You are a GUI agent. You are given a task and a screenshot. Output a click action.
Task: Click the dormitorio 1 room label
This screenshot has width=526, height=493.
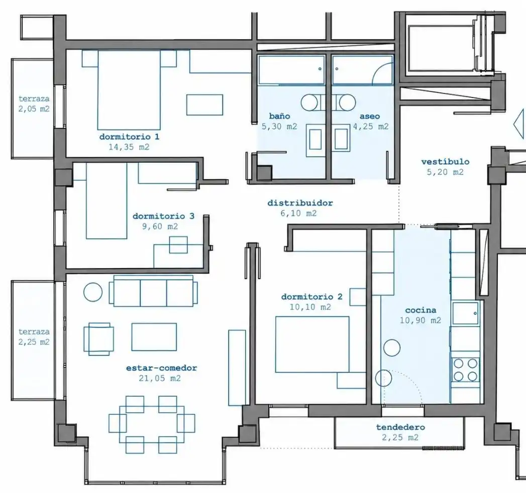coord(129,137)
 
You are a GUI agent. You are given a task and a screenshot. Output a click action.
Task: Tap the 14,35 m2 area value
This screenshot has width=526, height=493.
coord(129,147)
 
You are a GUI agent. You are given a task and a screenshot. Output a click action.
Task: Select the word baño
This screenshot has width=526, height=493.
coord(279,116)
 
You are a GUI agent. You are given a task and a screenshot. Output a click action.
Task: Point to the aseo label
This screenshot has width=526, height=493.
coord(370,116)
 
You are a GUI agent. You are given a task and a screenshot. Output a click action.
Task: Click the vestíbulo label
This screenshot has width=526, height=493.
coord(445,162)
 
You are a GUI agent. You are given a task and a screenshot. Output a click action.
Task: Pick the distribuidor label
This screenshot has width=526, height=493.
coord(300,203)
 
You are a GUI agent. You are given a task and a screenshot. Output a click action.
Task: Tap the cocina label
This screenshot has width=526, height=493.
coord(420,310)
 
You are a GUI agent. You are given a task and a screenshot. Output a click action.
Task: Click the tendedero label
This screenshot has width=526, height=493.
coord(400,427)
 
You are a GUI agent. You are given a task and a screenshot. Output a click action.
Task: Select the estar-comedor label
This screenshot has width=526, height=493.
coord(161,367)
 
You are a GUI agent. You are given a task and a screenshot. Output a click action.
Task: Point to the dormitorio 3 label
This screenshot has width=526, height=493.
coord(163,216)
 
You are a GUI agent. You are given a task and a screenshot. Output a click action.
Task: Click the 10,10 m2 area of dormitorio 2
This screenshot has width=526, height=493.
coord(310,307)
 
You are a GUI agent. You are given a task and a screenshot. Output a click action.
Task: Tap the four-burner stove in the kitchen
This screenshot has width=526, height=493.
coord(465,369)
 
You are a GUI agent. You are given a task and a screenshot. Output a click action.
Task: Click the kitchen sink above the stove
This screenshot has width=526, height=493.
coord(465,313)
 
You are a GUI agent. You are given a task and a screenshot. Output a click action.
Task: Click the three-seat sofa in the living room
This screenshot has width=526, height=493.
coord(153,291)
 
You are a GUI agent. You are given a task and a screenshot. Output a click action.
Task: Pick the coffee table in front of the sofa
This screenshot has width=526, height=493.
coord(154,337)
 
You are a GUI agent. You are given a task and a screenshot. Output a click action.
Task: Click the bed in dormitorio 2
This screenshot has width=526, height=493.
coord(312,344)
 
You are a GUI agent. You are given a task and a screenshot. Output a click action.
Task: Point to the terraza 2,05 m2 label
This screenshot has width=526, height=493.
coord(34,103)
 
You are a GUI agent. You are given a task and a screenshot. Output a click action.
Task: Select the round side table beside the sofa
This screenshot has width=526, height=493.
coord(93,292)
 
